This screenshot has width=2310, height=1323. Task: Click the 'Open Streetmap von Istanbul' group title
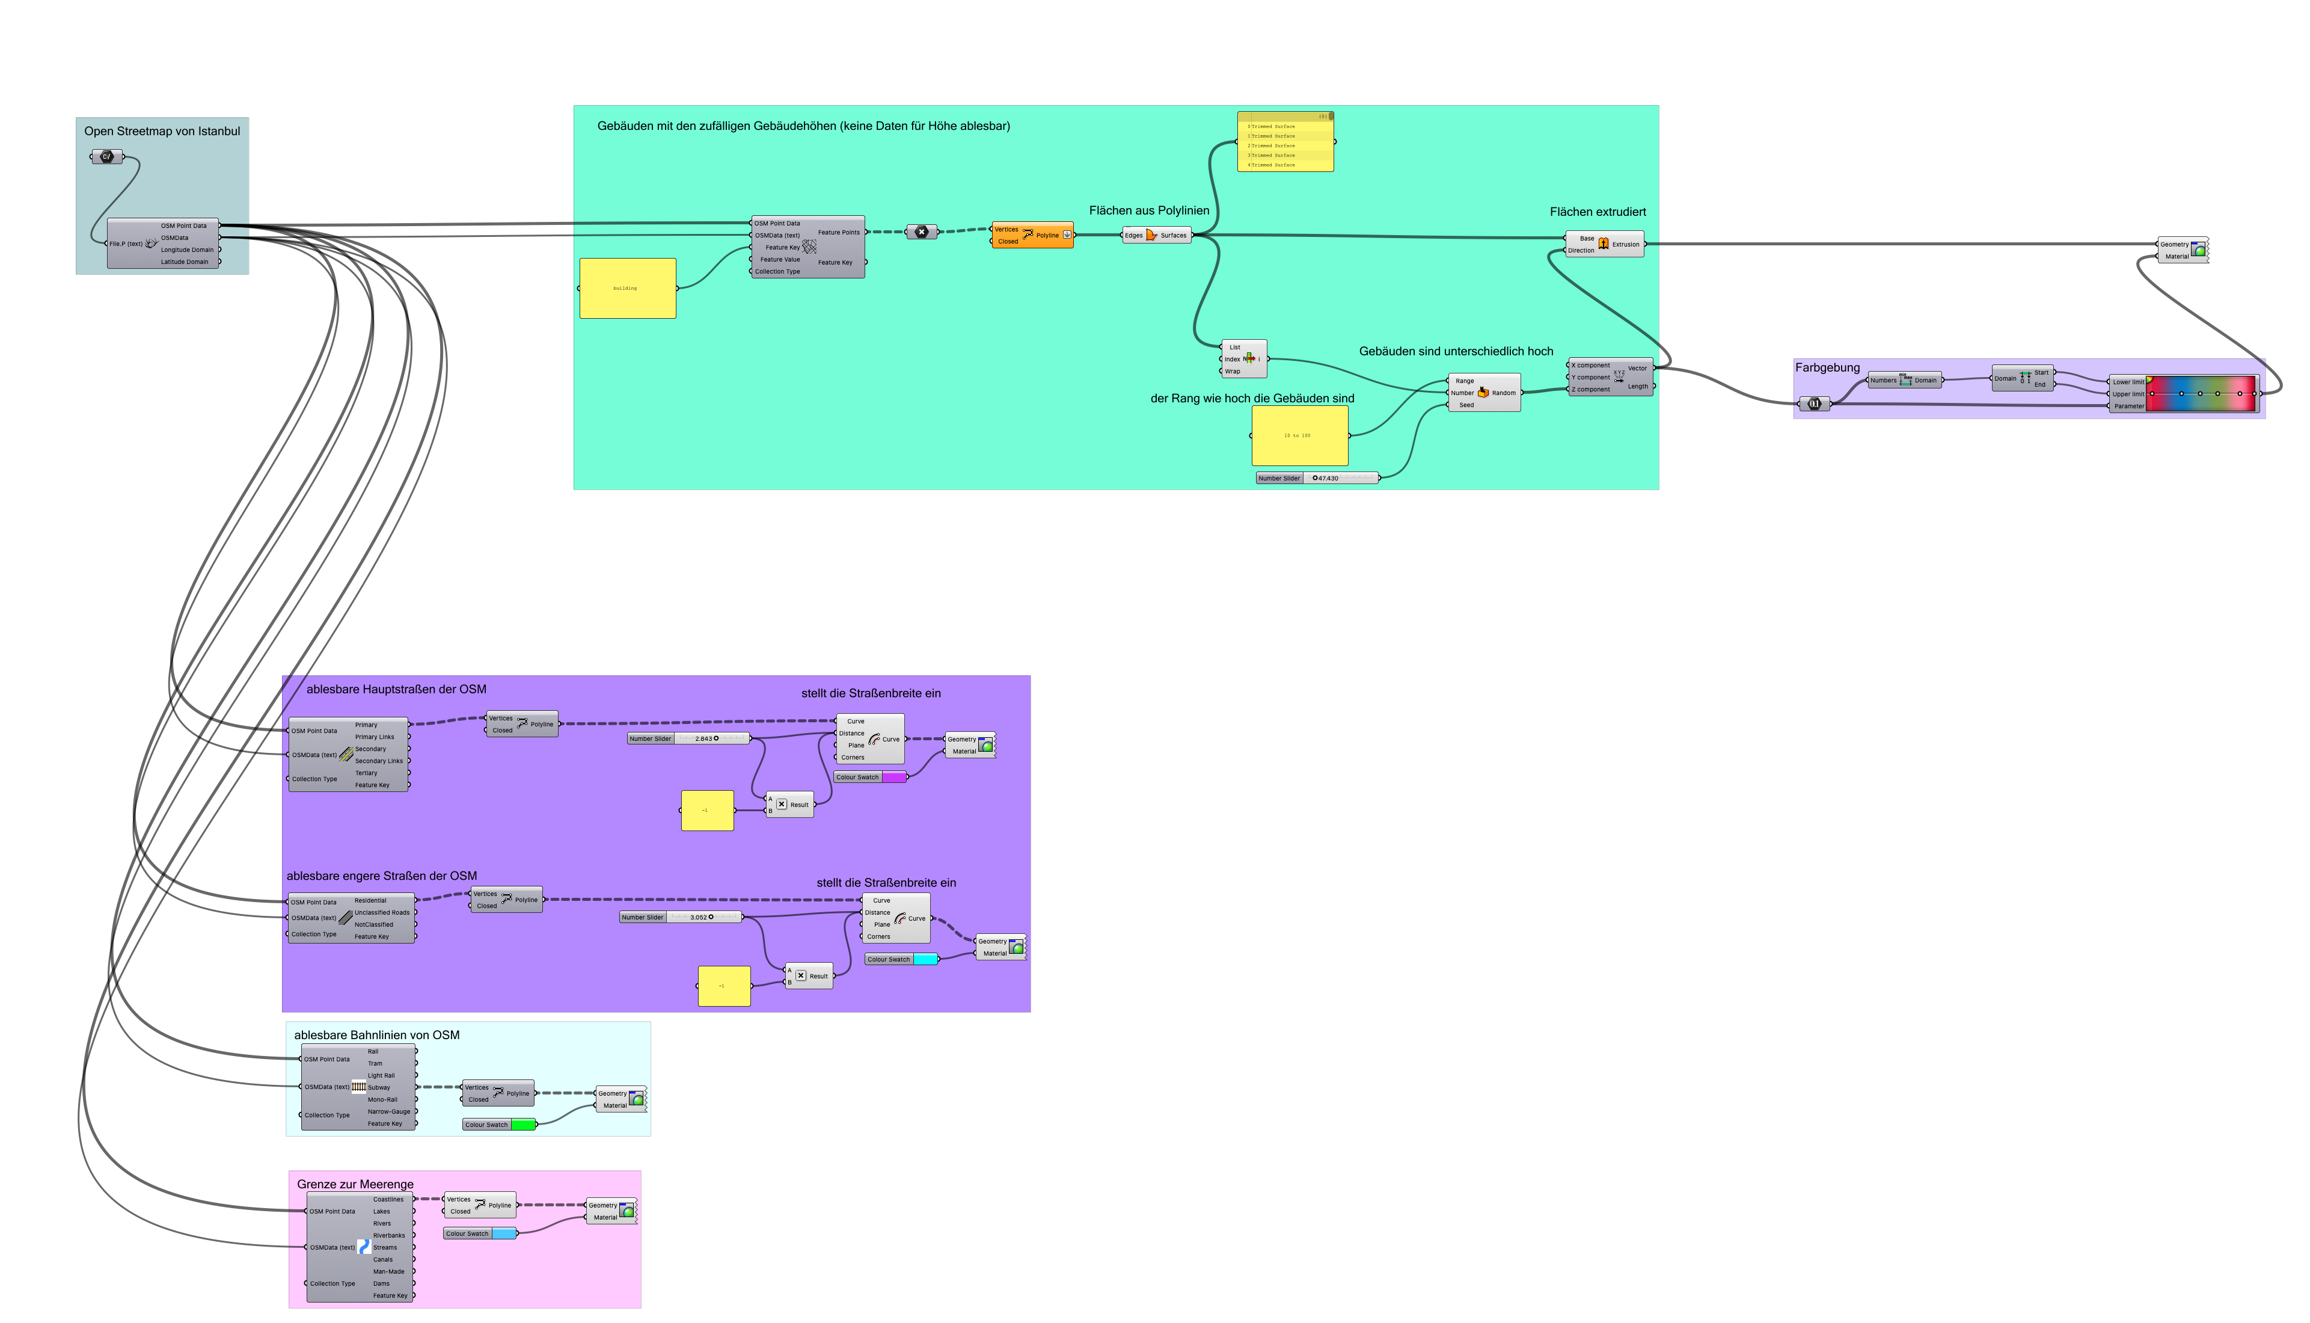[x=162, y=131]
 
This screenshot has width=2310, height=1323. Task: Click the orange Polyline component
[x=1032, y=235]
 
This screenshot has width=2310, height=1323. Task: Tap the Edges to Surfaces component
[x=1156, y=235]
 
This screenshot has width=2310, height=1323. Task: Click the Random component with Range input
[x=1483, y=393]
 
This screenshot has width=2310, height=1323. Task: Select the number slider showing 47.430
[x=1317, y=478]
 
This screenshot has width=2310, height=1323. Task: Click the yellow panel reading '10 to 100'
[x=1299, y=435]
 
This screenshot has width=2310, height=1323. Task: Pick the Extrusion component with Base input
[x=1604, y=244]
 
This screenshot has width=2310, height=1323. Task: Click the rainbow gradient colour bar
[x=2201, y=393]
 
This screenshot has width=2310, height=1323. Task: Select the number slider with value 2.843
[x=688, y=738]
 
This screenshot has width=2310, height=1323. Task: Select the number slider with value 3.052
[x=681, y=918]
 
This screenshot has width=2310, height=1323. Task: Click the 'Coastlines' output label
[x=388, y=1200]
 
